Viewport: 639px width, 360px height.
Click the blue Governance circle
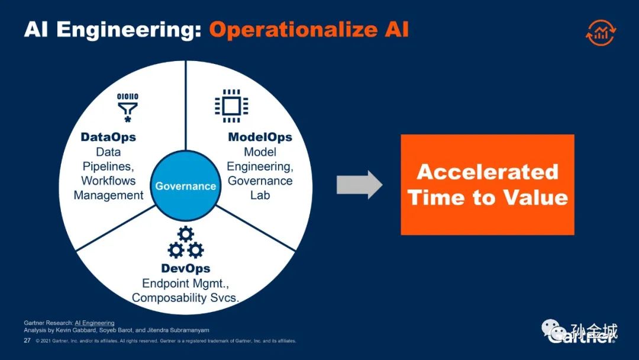click(x=186, y=186)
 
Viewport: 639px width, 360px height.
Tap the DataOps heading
click(x=108, y=137)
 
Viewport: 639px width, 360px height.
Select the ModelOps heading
click(x=260, y=137)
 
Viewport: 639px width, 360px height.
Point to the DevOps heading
click(x=186, y=268)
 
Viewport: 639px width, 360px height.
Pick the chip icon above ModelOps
click(x=231, y=106)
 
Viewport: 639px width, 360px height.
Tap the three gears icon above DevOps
click(x=186, y=242)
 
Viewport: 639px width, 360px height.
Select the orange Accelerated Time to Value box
click(x=488, y=185)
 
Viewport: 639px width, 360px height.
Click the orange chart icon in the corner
click(x=601, y=32)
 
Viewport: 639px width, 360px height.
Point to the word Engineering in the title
click(x=129, y=30)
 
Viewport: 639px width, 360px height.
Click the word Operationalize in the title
click(x=293, y=30)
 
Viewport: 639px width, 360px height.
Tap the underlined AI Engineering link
click(x=95, y=323)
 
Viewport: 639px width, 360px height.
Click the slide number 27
click(x=27, y=340)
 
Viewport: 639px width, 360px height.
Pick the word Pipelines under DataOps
click(x=108, y=166)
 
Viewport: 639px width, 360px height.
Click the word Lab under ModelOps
click(x=260, y=195)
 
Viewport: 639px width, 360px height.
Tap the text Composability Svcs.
click(x=185, y=298)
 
